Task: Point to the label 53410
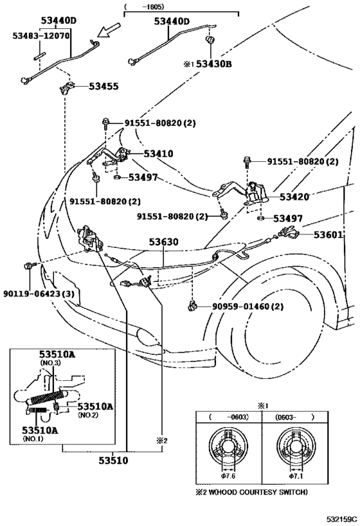(158, 154)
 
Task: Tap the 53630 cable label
(164, 243)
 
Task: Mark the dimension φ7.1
(296, 476)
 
